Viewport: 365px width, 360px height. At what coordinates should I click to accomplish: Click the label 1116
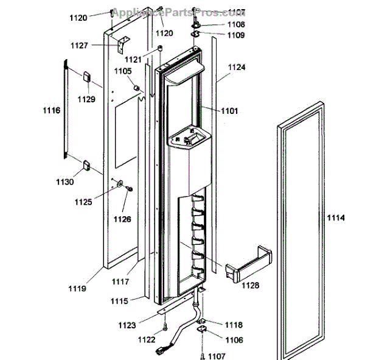(51, 110)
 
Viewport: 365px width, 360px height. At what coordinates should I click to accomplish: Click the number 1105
(122, 71)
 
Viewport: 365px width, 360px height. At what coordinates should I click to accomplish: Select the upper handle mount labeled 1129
(87, 76)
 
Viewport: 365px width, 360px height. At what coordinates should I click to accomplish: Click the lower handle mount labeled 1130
(86, 163)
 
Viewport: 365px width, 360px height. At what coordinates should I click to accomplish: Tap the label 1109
(236, 35)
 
